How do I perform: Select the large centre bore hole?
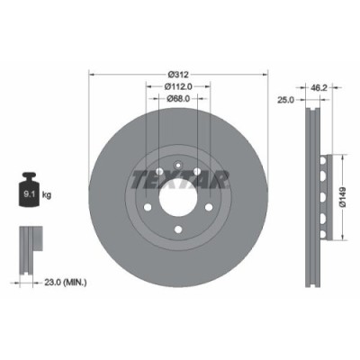click(178, 200)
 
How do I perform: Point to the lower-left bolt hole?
click(149, 211)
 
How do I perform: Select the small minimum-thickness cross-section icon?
click(29, 243)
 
